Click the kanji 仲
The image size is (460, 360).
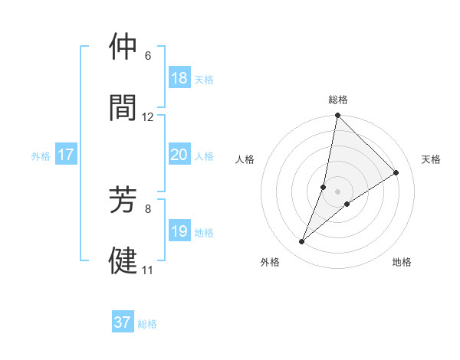click(123, 47)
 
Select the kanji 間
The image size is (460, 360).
click(123, 107)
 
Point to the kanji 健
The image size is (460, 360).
click(123, 260)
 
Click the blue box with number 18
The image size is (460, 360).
click(179, 78)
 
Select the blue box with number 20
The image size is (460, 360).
click(179, 155)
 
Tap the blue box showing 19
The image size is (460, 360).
click(179, 231)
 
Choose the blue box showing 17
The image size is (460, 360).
click(66, 155)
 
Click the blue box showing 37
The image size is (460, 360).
click(123, 322)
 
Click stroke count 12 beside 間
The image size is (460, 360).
click(148, 116)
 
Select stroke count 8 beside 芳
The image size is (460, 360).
click(148, 208)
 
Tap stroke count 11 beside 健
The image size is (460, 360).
click(148, 270)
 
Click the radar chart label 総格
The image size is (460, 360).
click(337, 100)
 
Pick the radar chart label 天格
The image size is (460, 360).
click(431, 159)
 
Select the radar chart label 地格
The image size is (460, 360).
click(402, 262)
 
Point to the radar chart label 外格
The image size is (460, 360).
click(270, 262)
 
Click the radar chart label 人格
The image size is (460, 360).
click(245, 159)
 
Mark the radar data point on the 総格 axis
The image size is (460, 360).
click(337, 116)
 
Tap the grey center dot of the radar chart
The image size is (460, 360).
click(337, 191)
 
